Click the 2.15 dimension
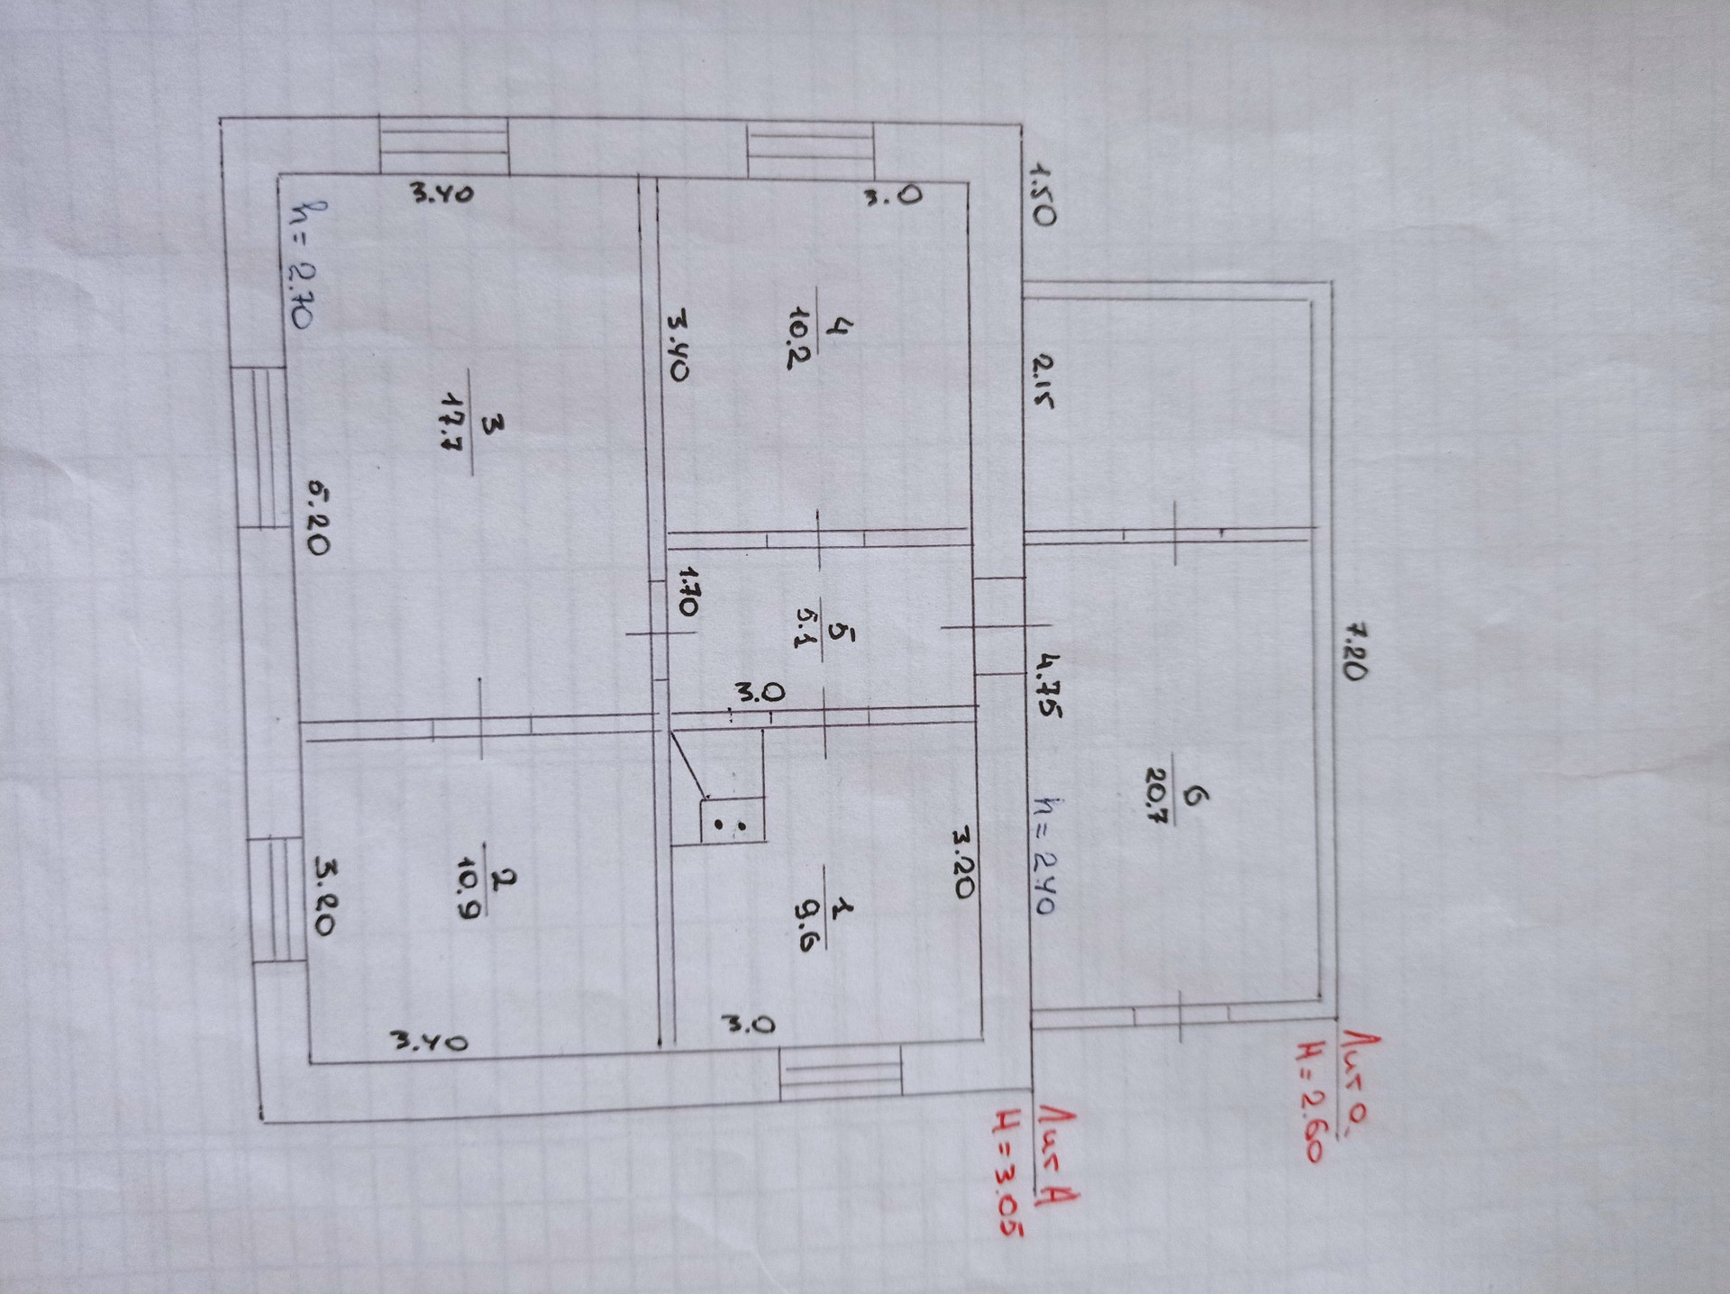pos(1042,381)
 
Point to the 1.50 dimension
pos(1041,194)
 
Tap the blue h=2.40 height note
pos(1044,856)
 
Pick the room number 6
pos(1196,796)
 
